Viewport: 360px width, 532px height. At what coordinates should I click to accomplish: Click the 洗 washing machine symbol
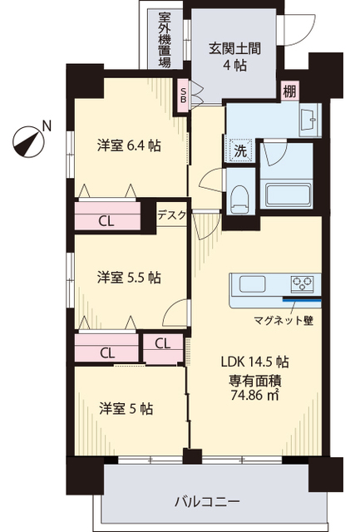point(239,151)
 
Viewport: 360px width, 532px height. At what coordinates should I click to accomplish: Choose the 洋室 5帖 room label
point(126,408)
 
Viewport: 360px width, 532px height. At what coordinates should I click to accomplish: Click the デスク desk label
point(172,214)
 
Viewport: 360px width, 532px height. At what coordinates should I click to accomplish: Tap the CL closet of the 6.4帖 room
point(106,221)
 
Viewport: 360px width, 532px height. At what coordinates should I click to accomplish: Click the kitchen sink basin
point(252,283)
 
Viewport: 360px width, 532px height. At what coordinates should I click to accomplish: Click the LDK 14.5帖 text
point(254,362)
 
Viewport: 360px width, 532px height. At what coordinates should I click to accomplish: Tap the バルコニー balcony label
point(208,501)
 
